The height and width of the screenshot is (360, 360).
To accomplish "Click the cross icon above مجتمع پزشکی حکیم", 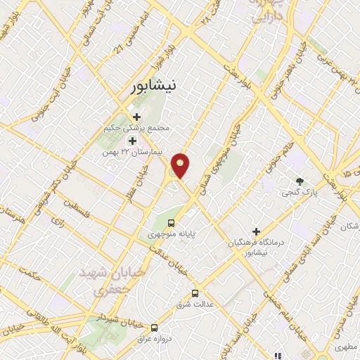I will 136,116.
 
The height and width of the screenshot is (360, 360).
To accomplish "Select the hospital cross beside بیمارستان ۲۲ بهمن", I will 132,142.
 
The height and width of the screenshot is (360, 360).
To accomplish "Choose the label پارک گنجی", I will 300,192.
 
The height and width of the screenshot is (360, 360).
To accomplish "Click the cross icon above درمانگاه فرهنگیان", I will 256,231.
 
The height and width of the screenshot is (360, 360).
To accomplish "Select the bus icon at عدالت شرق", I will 195,293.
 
